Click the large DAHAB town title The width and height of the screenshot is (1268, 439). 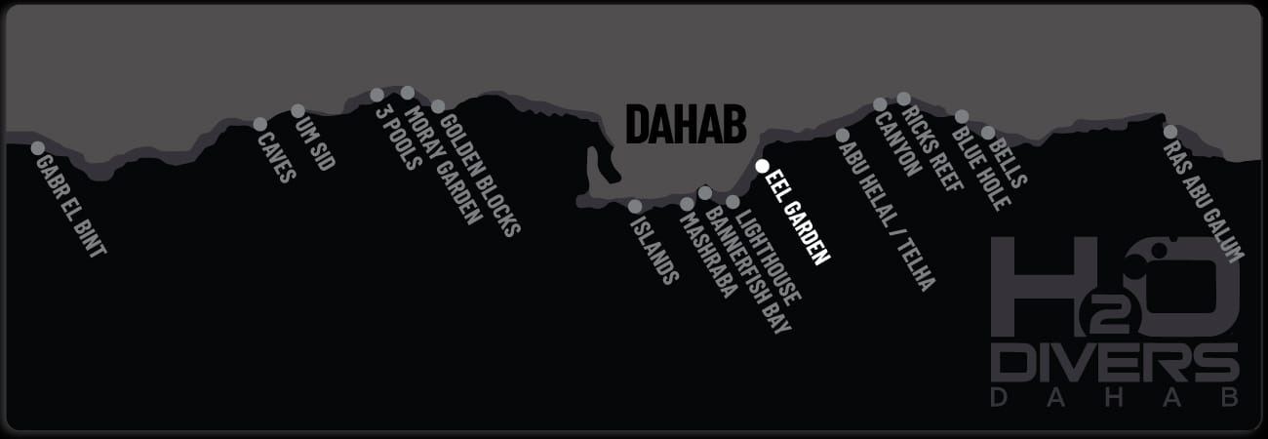(686, 125)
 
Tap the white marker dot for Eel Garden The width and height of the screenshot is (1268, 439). (763, 166)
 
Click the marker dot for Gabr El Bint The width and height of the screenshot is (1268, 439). (38, 148)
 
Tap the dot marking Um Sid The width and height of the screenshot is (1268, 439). (297, 110)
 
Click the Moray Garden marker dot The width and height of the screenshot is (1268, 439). (408, 93)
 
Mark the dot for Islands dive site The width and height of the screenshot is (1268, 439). (635, 206)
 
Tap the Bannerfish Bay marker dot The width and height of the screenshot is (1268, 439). (705, 193)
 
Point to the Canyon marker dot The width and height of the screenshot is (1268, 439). (880, 103)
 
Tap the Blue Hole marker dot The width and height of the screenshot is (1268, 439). (962, 116)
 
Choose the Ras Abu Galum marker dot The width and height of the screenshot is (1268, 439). (1170, 131)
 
